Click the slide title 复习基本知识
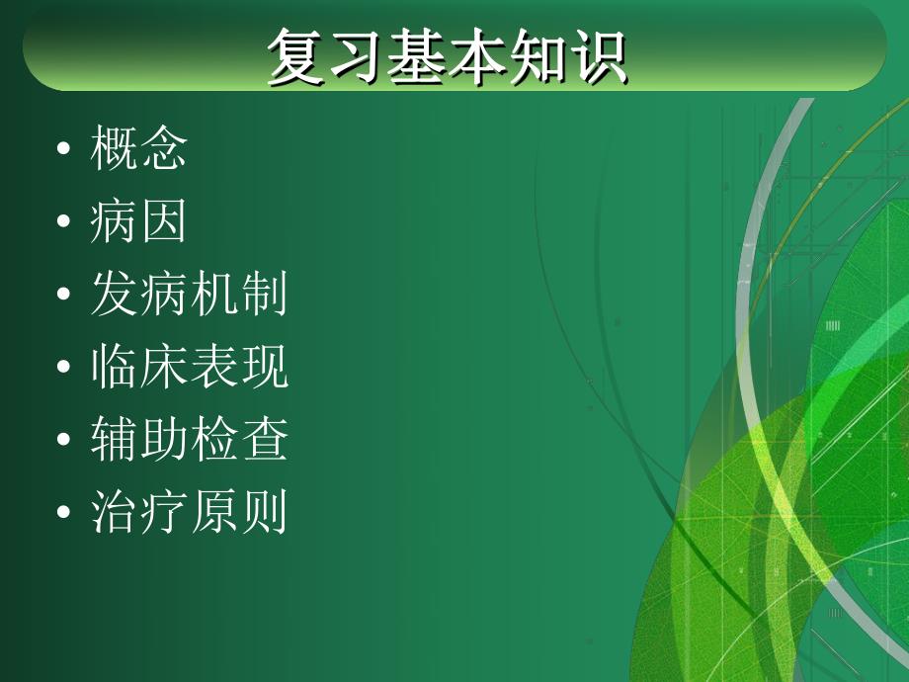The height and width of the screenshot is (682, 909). pyautogui.click(x=447, y=58)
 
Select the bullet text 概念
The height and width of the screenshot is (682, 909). pyautogui.click(x=138, y=150)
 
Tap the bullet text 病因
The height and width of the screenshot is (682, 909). pyautogui.click(x=138, y=223)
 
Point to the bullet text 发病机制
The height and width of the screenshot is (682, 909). pyautogui.click(x=189, y=296)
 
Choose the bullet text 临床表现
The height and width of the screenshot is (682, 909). pyautogui.click(x=189, y=369)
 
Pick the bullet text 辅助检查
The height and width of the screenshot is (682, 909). pyautogui.click(x=189, y=441)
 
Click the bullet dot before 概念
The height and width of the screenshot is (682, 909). pyautogui.click(x=64, y=152)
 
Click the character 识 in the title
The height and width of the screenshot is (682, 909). pyautogui.click(x=597, y=58)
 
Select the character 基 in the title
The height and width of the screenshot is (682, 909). pyautogui.click(x=417, y=58)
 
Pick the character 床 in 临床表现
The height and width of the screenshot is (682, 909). pyautogui.click(x=164, y=369)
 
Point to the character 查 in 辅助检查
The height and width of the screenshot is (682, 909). pyautogui.click(x=264, y=441)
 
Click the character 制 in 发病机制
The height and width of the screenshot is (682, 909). pyautogui.click(x=264, y=296)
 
